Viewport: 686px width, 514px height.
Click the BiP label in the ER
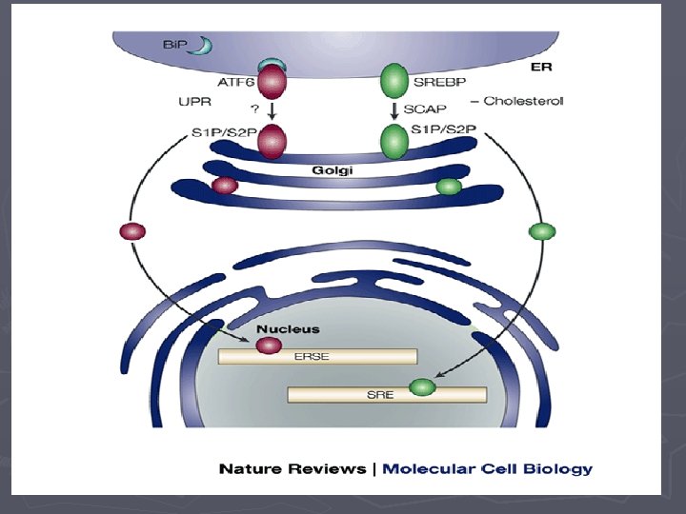coord(174,45)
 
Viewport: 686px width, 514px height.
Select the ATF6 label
coord(236,82)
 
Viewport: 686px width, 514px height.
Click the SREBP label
coord(439,82)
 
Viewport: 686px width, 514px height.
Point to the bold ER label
coord(541,67)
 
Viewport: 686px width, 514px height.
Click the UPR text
coord(194,102)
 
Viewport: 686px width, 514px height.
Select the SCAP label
coord(425,109)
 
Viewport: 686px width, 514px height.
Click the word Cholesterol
coord(523,101)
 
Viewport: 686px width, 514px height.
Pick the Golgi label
coord(333,170)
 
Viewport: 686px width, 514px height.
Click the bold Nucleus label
coord(288,329)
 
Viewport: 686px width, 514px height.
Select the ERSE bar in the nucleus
coord(317,356)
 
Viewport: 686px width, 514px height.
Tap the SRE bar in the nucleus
coord(387,395)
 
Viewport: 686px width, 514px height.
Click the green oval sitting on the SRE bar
coord(423,387)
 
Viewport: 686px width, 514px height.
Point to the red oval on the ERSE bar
coord(269,346)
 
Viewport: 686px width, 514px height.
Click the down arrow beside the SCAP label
coord(394,111)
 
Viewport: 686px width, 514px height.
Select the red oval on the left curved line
coord(132,231)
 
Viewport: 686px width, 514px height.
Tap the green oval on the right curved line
coord(542,231)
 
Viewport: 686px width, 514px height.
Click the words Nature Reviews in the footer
coord(293,469)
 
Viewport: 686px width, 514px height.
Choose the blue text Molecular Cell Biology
coord(488,469)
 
